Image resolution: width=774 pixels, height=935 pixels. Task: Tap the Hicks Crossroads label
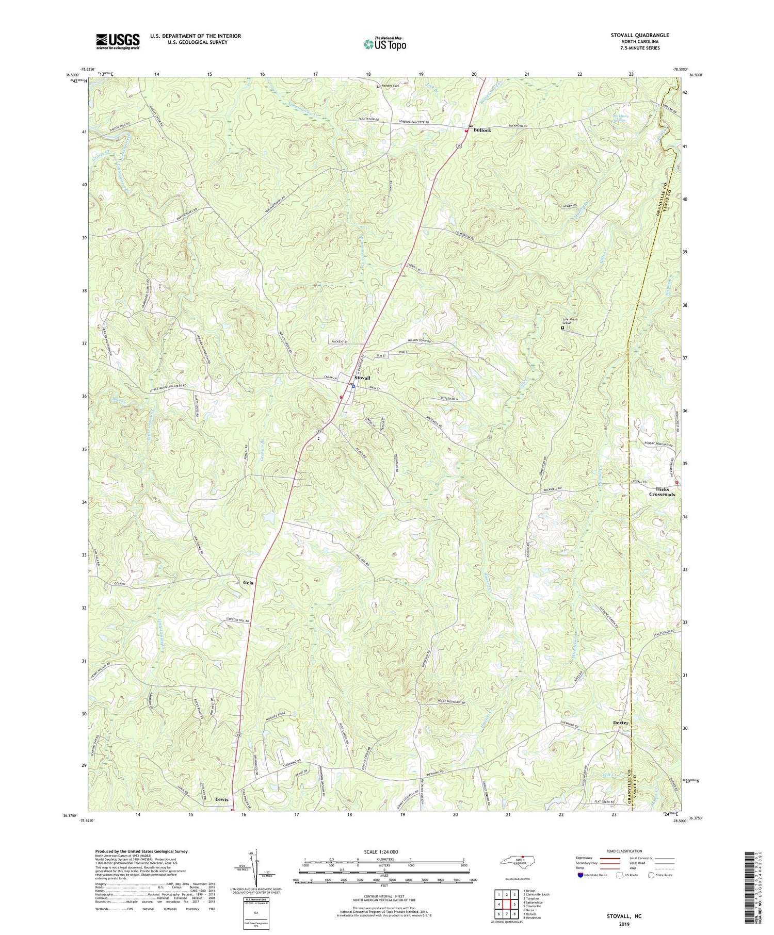(x=662, y=491)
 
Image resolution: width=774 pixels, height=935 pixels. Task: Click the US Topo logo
(x=384, y=44)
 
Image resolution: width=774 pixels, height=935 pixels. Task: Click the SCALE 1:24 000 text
(x=384, y=851)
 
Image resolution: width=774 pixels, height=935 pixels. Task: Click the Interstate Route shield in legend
(x=581, y=875)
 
